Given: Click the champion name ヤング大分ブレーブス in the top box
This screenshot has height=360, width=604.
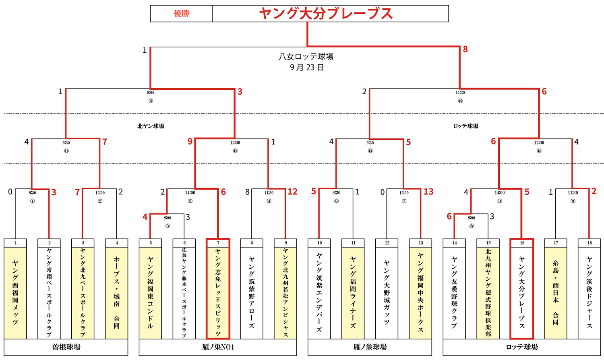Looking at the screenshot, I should pyautogui.click(x=326, y=14).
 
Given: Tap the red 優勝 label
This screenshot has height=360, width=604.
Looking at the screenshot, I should pyautogui.click(x=181, y=14).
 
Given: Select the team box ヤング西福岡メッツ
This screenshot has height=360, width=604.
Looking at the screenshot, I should pyautogui.click(x=15, y=292).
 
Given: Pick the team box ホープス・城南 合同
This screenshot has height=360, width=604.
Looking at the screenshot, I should pyautogui.click(x=117, y=292).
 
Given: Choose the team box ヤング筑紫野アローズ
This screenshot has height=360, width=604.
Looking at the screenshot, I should pyautogui.click(x=252, y=292).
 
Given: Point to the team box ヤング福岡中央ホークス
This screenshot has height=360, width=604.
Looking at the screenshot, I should pyautogui.click(x=420, y=292).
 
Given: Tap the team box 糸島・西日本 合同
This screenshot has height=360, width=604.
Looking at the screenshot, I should pyautogui.click(x=556, y=292).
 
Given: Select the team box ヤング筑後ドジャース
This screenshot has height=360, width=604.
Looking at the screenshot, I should pyautogui.click(x=589, y=292).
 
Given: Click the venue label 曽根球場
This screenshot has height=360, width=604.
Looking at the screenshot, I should pyautogui.click(x=66, y=347).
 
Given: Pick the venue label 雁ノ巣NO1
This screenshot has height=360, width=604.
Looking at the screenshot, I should pyautogui.click(x=218, y=347).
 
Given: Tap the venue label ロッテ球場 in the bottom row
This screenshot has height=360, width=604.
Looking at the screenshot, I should pyautogui.click(x=522, y=347).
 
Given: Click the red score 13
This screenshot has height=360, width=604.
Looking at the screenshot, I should pyautogui.click(x=428, y=192).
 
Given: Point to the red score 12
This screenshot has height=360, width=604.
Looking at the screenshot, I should pyautogui.click(x=292, y=192).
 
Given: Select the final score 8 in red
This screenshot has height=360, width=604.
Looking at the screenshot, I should pyautogui.click(x=465, y=50).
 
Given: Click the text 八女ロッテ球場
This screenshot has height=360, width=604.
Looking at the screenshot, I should pyautogui.click(x=306, y=57).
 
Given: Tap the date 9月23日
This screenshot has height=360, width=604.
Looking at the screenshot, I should pyautogui.click(x=306, y=67).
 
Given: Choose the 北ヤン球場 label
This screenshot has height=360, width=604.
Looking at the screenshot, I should pyautogui.click(x=151, y=126).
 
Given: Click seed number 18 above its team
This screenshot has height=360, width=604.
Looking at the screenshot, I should pyautogui.click(x=589, y=243).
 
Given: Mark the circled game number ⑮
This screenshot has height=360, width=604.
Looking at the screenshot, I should pyautogui.click(x=151, y=101).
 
